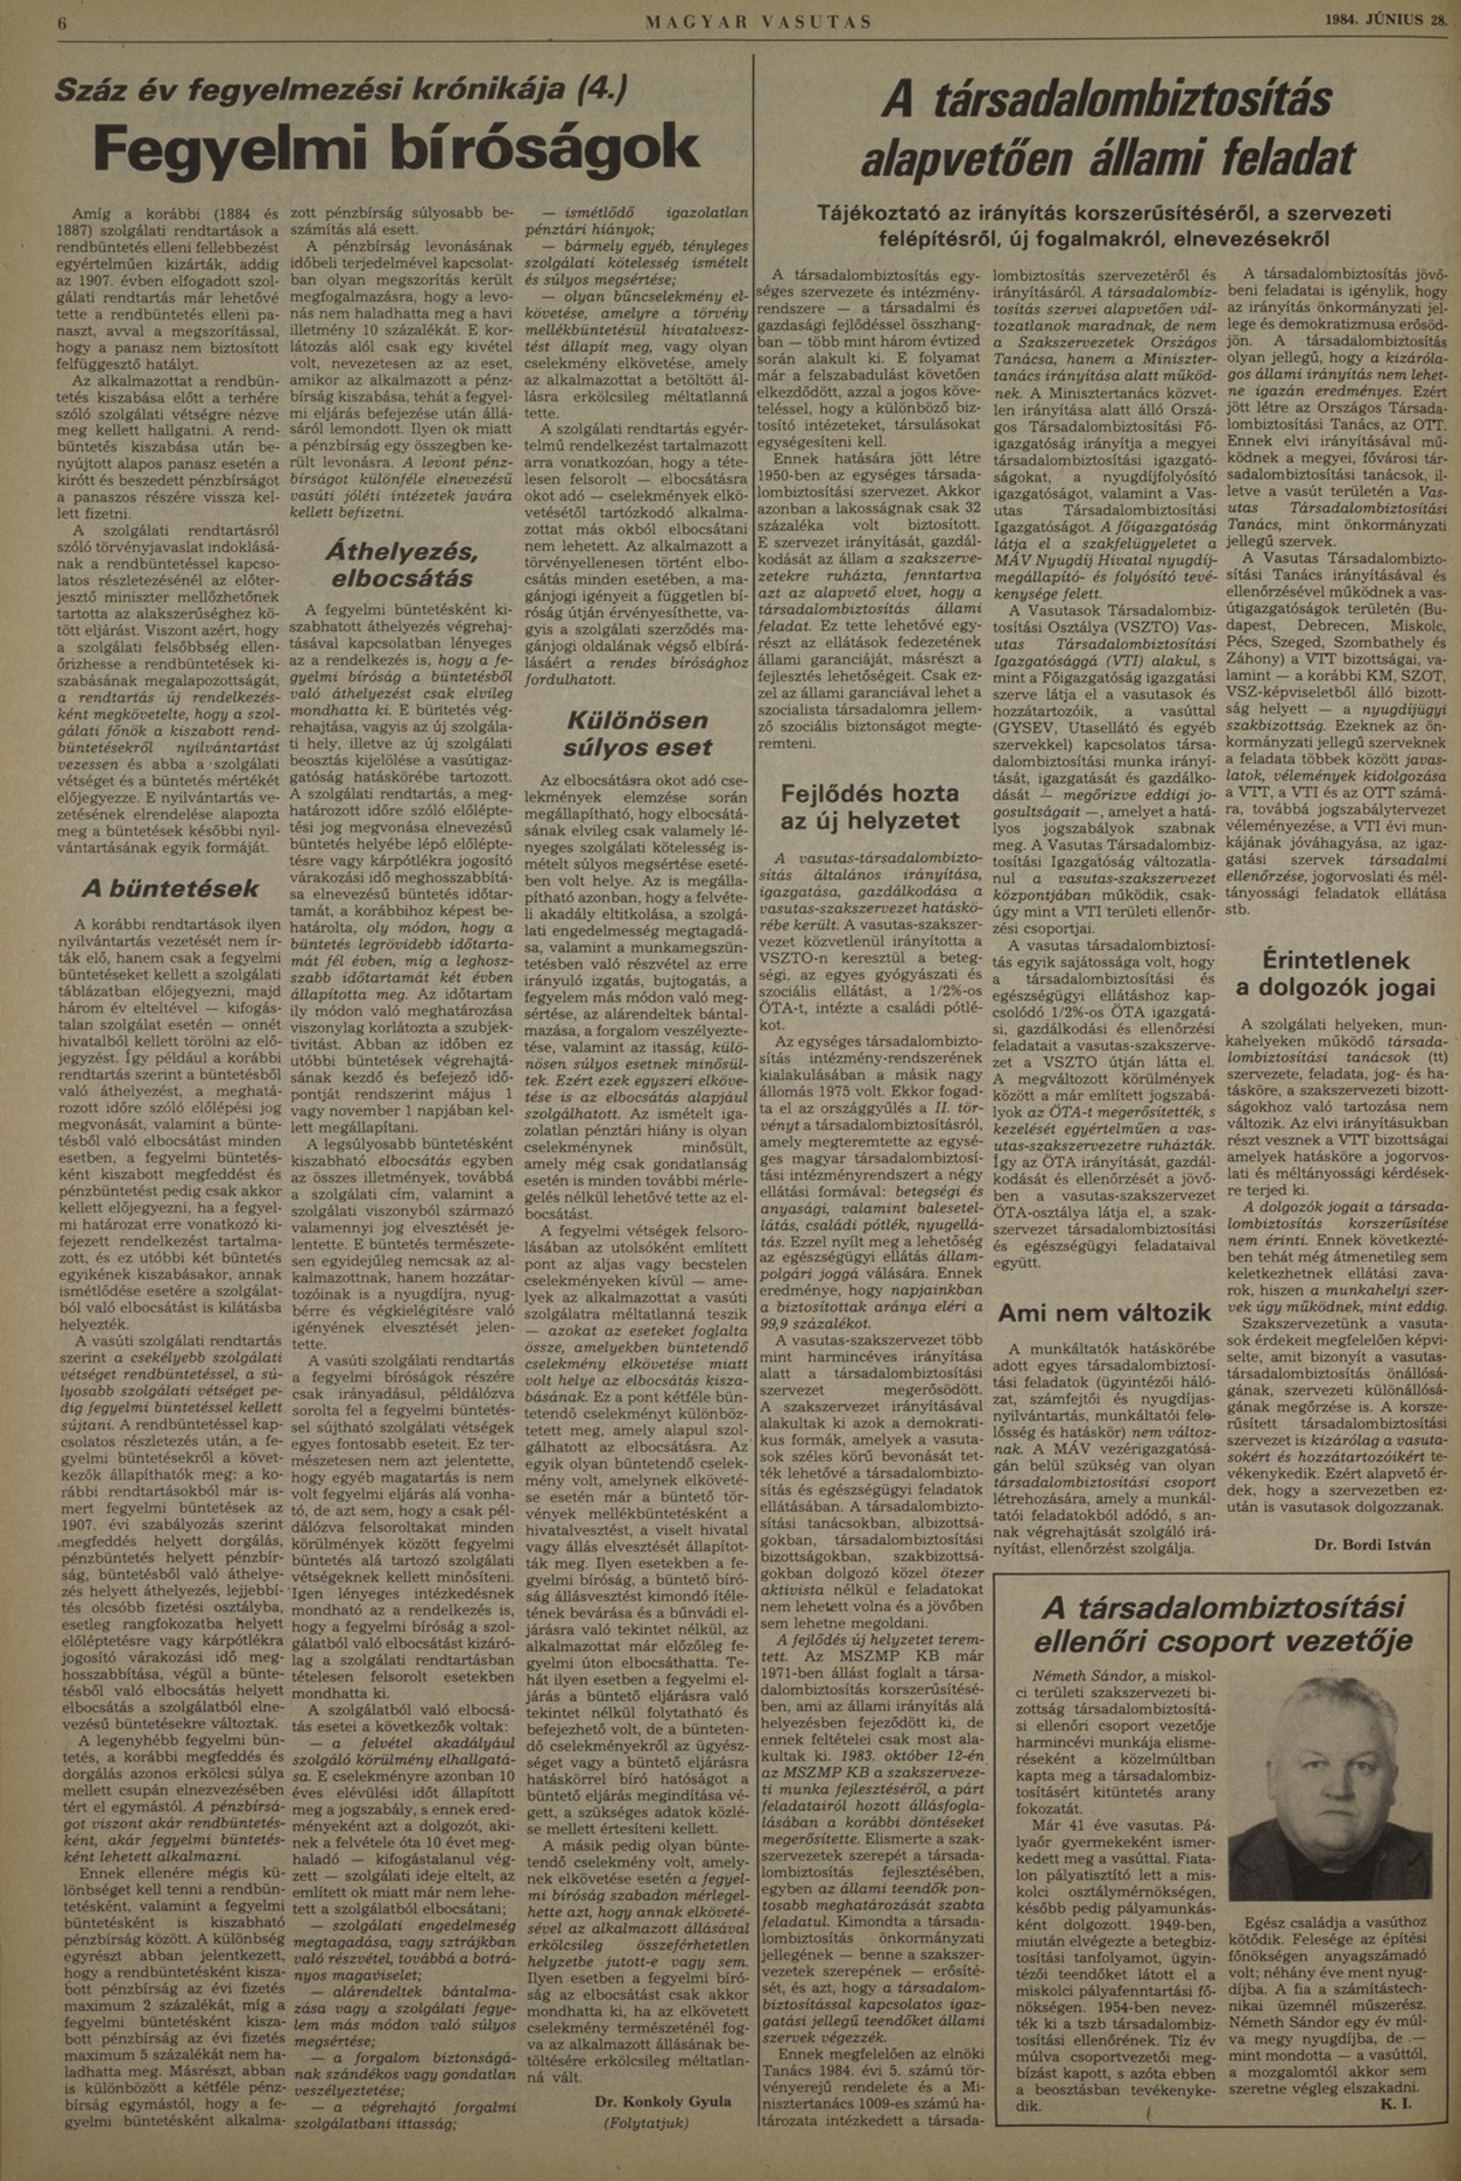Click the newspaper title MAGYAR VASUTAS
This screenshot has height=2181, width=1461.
[x=759, y=20]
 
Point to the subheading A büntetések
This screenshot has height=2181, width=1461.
[x=169, y=887]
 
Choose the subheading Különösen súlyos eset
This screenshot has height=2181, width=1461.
[x=638, y=734]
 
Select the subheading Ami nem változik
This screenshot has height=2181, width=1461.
[x=1104, y=1311]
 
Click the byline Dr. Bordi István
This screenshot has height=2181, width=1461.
[x=1371, y=1544]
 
